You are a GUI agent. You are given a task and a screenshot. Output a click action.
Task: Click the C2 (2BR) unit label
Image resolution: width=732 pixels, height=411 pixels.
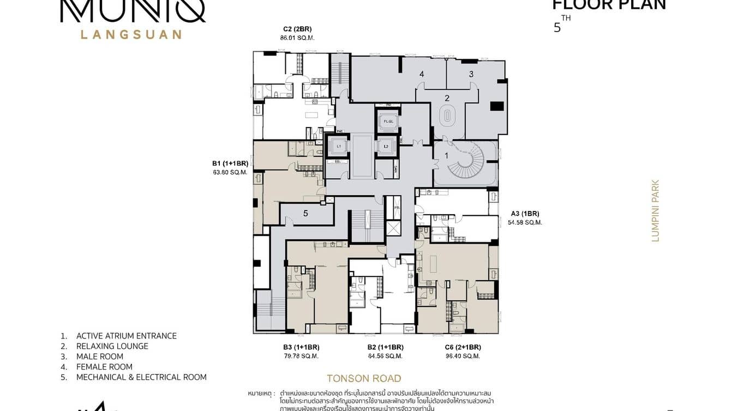(297, 29)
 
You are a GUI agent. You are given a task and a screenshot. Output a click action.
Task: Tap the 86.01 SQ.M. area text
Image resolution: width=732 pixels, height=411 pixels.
(297, 38)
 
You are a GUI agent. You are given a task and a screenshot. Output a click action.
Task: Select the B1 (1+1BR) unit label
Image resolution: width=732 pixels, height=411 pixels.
(230, 163)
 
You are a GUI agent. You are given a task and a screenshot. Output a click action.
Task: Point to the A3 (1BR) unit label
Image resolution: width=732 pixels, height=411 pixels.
(525, 214)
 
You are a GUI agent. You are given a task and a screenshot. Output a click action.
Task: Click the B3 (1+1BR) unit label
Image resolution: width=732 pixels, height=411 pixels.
(301, 347)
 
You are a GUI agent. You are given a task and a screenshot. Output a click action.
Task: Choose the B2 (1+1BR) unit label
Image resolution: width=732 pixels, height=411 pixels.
(385, 347)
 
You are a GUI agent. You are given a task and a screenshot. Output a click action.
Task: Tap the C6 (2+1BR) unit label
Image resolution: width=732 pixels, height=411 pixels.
(463, 347)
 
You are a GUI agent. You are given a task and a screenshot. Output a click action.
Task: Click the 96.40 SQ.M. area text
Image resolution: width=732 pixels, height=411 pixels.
(463, 356)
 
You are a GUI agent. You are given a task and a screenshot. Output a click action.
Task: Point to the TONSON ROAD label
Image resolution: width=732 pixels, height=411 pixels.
(364, 378)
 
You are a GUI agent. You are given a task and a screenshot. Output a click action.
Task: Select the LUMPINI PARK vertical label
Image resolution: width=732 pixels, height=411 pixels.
(655, 210)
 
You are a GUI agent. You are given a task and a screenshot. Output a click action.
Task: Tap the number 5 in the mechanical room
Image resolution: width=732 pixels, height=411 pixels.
(305, 214)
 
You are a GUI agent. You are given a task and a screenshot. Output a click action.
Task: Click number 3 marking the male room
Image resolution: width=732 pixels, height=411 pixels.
(471, 74)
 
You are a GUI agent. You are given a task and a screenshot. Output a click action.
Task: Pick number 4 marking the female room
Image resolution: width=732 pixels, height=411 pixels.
(422, 74)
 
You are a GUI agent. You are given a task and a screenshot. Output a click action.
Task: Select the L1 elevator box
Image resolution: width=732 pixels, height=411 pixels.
(339, 147)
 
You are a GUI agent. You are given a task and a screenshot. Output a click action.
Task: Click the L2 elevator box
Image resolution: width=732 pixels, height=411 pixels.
(386, 147)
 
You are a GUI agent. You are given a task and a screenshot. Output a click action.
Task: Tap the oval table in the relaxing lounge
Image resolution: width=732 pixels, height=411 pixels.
(447, 116)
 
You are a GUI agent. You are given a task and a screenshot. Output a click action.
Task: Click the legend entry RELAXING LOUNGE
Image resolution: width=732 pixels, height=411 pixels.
(112, 346)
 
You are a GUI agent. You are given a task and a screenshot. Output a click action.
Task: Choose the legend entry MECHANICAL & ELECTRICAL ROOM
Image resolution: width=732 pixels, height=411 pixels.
(141, 377)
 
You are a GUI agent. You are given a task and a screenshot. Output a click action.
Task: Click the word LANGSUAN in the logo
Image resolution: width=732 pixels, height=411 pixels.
(131, 34)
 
